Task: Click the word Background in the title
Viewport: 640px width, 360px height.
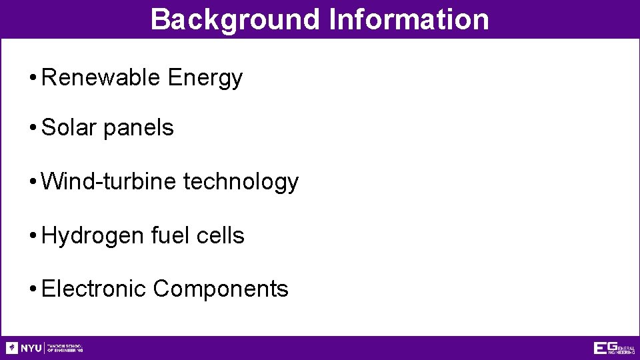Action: [235, 19]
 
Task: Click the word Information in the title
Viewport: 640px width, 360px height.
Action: [409, 19]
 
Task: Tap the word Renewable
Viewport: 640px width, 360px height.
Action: [101, 78]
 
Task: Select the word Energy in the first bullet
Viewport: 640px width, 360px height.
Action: [205, 79]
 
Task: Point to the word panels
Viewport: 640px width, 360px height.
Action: [139, 127]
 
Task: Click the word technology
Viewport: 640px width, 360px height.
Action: [241, 182]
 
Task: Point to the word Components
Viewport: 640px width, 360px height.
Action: [221, 289]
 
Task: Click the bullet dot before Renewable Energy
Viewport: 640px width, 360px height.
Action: [33, 79]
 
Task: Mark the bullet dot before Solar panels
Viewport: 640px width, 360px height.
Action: [33, 128]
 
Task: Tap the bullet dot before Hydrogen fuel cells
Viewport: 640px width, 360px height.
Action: [33, 236]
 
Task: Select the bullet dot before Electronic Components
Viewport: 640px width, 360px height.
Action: [33, 289]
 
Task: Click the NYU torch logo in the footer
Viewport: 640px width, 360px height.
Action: [12, 348]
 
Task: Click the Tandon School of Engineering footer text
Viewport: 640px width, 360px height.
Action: [65, 348]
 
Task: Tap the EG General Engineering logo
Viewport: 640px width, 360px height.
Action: [614, 348]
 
